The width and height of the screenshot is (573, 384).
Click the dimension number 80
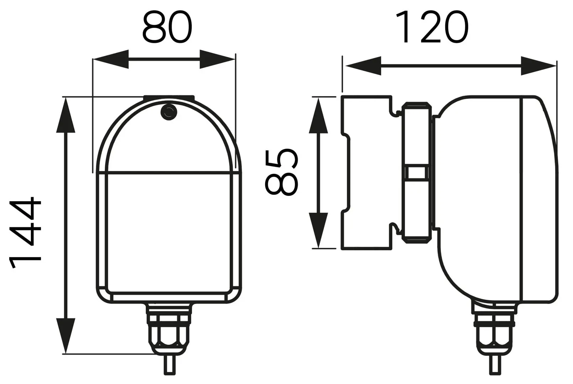click(x=167, y=27)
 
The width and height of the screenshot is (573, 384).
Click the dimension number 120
click(x=432, y=27)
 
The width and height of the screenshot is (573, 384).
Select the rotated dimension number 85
click(x=281, y=172)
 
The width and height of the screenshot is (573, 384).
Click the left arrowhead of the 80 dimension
click(x=111, y=59)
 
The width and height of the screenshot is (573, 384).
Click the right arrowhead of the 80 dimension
click(x=217, y=59)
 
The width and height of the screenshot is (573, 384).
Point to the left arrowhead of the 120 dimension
click(x=363, y=65)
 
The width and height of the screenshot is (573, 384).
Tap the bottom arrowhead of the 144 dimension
click(x=66, y=336)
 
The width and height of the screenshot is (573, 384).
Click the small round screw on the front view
click(x=169, y=112)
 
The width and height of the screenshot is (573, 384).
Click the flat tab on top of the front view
click(x=169, y=97)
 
